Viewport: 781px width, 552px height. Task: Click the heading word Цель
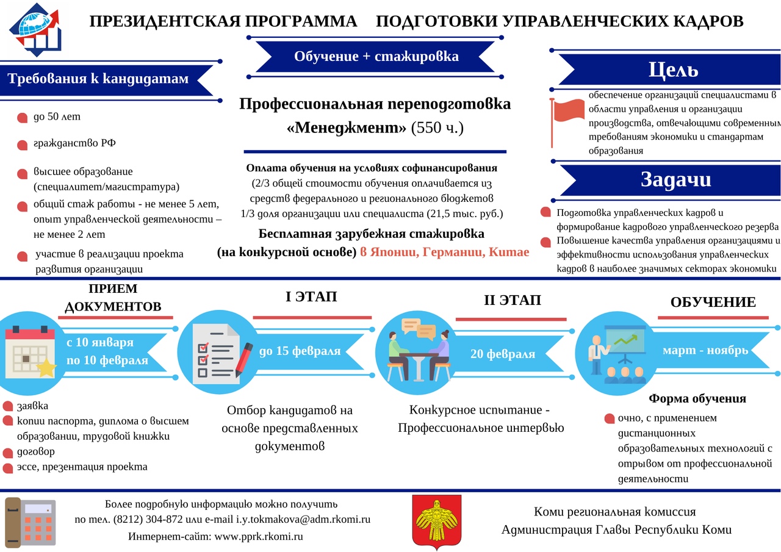pyautogui.click(x=673, y=70)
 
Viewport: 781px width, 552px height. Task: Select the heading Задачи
pyautogui.click(x=675, y=179)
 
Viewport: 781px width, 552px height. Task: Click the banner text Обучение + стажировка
pyautogui.click(x=376, y=57)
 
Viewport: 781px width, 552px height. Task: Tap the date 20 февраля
pyautogui.click(x=503, y=354)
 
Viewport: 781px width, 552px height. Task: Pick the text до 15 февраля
pyautogui.click(x=300, y=351)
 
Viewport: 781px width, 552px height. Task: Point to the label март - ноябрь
pyautogui.click(x=705, y=351)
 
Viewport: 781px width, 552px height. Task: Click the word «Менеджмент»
pyautogui.click(x=346, y=128)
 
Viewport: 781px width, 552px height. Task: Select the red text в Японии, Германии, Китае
pyautogui.click(x=444, y=251)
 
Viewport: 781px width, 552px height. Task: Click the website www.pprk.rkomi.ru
pyautogui.click(x=259, y=537)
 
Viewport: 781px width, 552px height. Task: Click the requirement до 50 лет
pyautogui.click(x=57, y=116)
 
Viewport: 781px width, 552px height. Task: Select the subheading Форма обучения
pyautogui.click(x=697, y=399)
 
